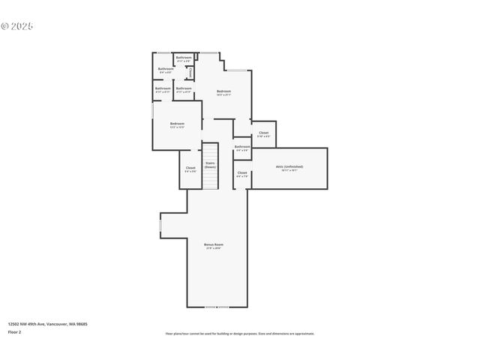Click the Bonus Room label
[x=214, y=244]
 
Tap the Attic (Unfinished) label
[x=289, y=166]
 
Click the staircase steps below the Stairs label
[x=210, y=180]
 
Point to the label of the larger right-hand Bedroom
[x=223, y=91]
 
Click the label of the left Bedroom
[x=177, y=123]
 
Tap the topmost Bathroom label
[x=184, y=58]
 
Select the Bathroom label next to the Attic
[x=242, y=146]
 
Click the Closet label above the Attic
[x=263, y=133]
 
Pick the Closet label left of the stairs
[x=190, y=168]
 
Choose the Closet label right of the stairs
[x=241, y=173]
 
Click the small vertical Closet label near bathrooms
[x=190, y=73]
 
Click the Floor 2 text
[x=15, y=331]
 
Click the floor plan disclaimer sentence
[x=239, y=333]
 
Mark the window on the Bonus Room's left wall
[x=160, y=225]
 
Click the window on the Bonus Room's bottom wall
[x=217, y=307]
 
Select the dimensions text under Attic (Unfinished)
[x=289, y=170]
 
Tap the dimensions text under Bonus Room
[x=214, y=248]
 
